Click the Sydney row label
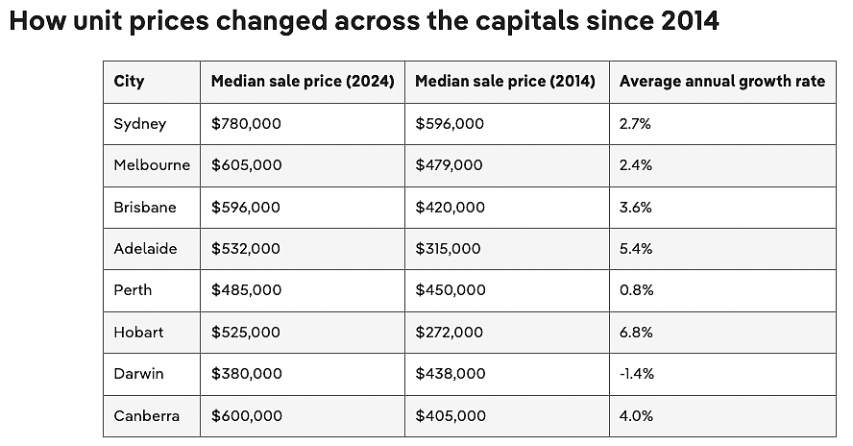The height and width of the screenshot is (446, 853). coord(140,124)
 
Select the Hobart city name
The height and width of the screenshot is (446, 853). coord(138,333)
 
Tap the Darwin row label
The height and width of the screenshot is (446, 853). coord(138,374)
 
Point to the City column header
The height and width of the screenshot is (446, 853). coord(129,82)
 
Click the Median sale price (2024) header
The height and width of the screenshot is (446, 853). coord(303,81)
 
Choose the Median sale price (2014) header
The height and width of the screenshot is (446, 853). coord(505,81)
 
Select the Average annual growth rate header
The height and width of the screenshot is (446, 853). coord(722,81)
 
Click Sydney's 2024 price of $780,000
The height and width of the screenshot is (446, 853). coord(247,124)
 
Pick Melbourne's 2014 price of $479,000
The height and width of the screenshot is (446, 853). coord(449,165)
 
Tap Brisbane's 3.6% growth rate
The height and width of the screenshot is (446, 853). coord(635,208)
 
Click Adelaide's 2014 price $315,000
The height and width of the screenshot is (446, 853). coord(448,249)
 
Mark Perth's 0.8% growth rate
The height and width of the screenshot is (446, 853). coord(637,290)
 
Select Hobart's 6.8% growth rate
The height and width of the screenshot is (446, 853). coord(636,333)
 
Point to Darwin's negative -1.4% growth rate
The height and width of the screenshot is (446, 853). coord(637,374)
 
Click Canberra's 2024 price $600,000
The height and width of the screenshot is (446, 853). coord(247,416)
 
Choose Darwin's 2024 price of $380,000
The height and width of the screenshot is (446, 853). coord(247,374)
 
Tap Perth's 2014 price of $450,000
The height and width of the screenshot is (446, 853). coord(451,290)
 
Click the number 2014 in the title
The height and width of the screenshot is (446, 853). coord(691,21)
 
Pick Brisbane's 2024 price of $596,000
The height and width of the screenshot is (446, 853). coord(246,208)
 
